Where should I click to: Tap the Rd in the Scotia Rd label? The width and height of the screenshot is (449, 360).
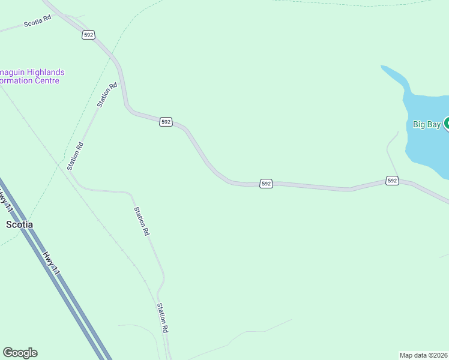47,19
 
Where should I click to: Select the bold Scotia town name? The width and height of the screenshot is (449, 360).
19,224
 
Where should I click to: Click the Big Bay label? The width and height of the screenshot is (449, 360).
427,125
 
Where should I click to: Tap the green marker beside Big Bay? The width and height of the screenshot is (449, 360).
447,124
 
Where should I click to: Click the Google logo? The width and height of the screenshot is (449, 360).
20,353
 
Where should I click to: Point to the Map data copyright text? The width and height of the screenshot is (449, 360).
424,355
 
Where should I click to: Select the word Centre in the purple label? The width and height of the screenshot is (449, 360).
46,81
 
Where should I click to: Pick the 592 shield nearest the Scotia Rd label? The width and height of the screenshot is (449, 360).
89,35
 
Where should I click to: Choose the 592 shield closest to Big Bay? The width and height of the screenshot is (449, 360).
392,180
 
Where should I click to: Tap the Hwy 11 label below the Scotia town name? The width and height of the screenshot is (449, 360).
52,263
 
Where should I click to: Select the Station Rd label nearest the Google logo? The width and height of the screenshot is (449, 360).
161,317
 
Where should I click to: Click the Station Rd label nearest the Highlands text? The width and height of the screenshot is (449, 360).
107,95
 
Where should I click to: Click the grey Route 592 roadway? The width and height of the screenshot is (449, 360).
312,187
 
